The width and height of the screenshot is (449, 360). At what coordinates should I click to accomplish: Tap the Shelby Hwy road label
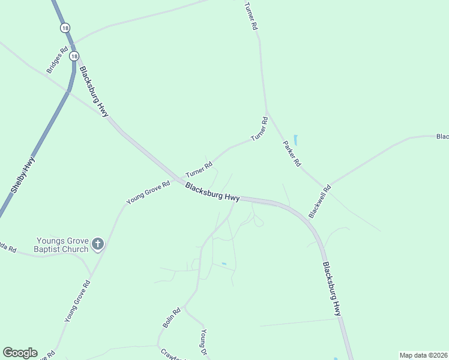click(x=23, y=175)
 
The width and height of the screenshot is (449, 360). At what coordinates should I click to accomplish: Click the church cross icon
click(x=98, y=244)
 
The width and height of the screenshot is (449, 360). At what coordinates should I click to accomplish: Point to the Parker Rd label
click(x=292, y=154)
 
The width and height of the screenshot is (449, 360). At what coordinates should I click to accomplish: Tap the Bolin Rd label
click(x=172, y=318)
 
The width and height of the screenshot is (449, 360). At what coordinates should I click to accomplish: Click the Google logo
click(x=19, y=353)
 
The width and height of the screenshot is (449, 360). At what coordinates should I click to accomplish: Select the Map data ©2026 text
click(x=423, y=355)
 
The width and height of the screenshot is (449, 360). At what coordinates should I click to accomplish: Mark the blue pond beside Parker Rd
click(x=295, y=140)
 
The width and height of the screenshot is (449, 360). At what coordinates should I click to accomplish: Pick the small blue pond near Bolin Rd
click(x=224, y=263)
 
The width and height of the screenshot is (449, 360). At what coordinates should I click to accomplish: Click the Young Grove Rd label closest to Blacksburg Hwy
click(x=148, y=193)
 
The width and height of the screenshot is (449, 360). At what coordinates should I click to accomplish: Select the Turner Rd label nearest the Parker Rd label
click(x=259, y=129)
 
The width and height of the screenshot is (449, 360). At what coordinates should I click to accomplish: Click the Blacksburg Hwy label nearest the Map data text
click(x=331, y=289)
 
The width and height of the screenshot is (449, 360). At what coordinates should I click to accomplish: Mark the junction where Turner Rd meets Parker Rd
click(x=267, y=113)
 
